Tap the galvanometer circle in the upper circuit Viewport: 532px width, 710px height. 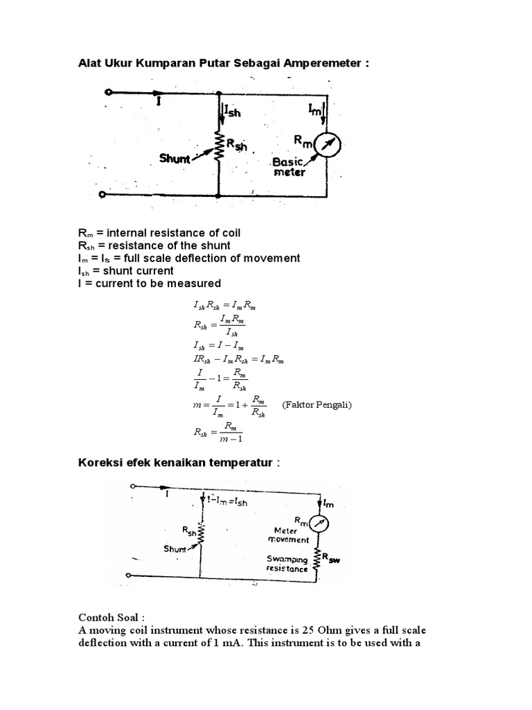tap(327, 144)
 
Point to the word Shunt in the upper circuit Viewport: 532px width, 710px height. tap(174, 159)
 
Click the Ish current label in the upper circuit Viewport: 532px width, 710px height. tap(232, 111)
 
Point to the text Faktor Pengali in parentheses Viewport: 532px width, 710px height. tap(317, 404)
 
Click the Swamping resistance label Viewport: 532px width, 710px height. tap(287, 563)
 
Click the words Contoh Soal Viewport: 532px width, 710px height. tap(111, 616)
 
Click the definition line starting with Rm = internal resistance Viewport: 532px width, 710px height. tap(159, 232)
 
